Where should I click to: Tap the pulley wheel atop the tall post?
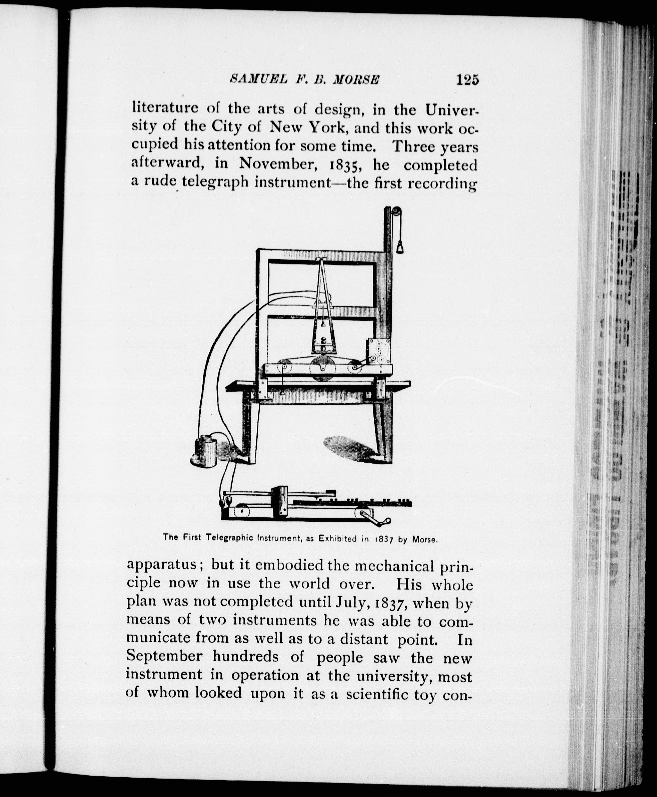[x=396, y=212]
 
